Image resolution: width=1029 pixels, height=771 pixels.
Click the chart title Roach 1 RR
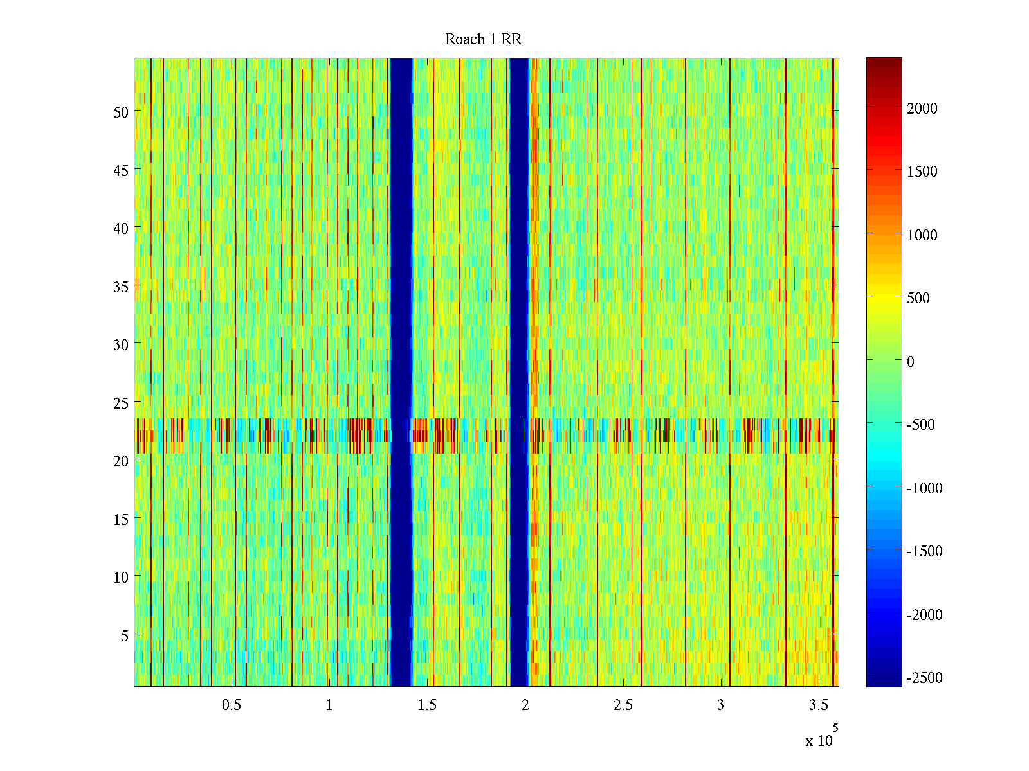(x=483, y=40)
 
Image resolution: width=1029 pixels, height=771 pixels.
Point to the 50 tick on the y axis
(x=121, y=112)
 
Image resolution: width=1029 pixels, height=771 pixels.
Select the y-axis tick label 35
(x=121, y=287)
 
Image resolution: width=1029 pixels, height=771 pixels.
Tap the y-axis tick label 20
(x=121, y=461)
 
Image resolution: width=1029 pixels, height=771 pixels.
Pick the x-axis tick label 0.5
(x=232, y=705)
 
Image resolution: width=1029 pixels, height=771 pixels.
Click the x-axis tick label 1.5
(x=427, y=705)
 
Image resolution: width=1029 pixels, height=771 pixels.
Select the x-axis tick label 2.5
(x=623, y=705)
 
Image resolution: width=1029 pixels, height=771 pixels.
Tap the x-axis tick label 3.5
(x=818, y=705)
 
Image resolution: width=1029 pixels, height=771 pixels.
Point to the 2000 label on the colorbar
(x=922, y=109)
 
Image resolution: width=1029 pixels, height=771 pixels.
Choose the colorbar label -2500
(x=924, y=678)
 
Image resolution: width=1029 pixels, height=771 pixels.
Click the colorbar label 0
(x=911, y=362)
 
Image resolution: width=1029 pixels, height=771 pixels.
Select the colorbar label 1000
(x=922, y=235)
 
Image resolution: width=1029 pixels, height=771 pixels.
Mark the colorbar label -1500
(x=924, y=551)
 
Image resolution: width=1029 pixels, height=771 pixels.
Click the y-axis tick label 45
(x=121, y=170)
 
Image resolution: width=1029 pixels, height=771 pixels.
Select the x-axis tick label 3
(x=720, y=705)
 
